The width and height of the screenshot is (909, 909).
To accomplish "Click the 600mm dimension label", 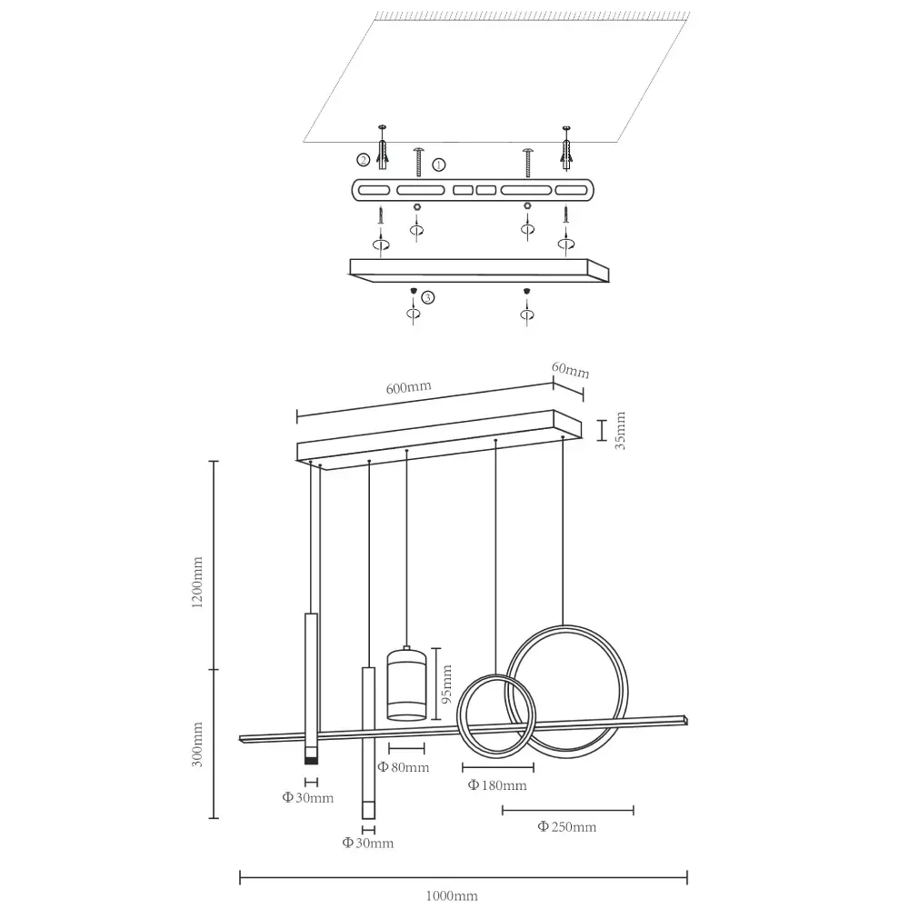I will pos(408,386).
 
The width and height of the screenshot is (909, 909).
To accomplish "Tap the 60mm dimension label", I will pos(572,371).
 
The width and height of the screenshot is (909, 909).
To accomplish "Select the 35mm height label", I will pos(621,432).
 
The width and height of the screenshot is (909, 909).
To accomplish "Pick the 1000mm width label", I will pos(452,895).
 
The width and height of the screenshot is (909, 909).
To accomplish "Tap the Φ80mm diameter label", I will pos(404,768).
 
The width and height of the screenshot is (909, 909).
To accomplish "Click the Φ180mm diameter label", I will pos(497,785).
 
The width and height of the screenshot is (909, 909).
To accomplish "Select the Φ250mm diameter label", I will pos(567,826).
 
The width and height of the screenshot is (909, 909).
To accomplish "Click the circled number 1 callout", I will pos(439,165).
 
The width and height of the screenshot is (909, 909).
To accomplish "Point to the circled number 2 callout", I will pos(363,160).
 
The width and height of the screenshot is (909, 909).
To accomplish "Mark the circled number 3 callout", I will pos(427,296).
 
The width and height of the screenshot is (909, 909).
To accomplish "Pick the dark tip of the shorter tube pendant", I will pos(310,756).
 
